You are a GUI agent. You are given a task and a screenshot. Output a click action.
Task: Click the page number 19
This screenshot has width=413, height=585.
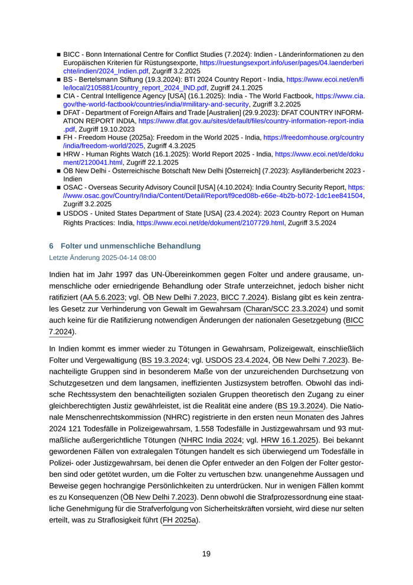tap(206, 554)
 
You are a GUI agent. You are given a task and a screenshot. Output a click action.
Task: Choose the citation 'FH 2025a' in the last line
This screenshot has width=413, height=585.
tap(181, 520)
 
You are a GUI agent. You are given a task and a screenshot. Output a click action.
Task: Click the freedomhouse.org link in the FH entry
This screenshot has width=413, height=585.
tap(313, 137)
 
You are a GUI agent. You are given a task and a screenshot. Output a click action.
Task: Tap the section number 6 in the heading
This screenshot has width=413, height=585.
tap(51, 245)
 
